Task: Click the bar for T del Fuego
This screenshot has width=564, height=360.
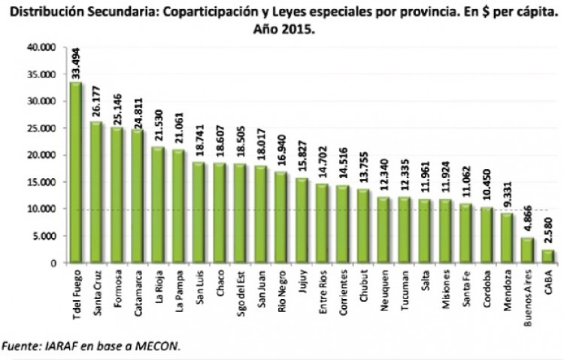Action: (x=76, y=173)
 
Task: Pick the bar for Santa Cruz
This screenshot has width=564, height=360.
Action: (x=96, y=192)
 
